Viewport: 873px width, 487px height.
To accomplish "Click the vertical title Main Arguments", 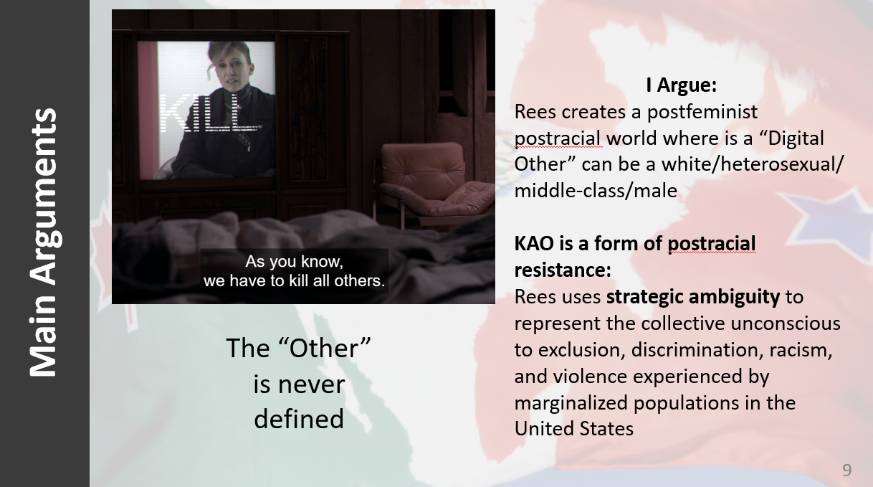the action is [x=44, y=242].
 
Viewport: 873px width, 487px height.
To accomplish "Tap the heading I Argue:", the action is [x=681, y=85].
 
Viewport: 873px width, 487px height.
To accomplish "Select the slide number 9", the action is [x=847, y=471].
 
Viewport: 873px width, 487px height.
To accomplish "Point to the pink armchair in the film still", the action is [x=433, y=184].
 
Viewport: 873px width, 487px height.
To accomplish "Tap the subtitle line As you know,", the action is [x=295, y=261].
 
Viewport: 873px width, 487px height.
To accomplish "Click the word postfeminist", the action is [x=702, y=112].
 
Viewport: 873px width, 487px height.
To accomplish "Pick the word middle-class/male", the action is [x=596, y=191].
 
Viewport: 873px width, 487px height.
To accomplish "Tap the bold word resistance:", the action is [x=563, y=270].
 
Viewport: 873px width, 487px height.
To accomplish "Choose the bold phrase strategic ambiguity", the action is [x=693, y=297].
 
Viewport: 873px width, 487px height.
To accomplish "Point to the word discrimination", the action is [x=697, y=350].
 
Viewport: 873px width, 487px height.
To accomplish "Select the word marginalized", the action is [x=571, y=403].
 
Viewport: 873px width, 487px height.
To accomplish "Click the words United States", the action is [x=573, y=428].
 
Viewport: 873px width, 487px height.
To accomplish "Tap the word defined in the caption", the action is [x=299, y=418].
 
